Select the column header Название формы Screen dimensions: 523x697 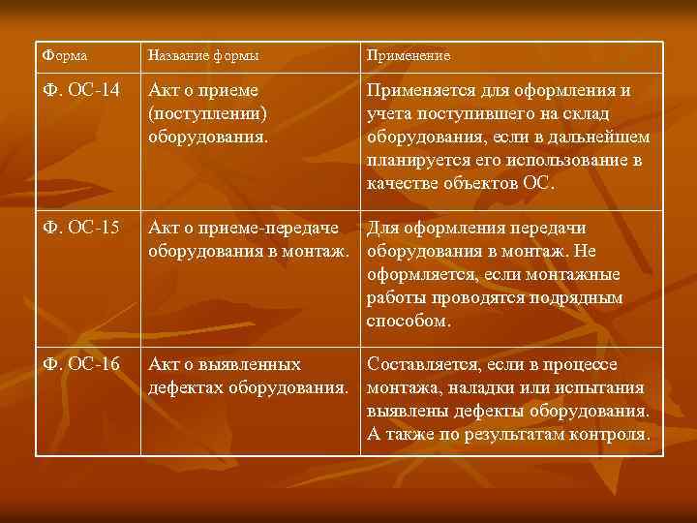(x=203, y=56)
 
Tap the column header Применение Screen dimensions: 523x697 (x=408, y=56)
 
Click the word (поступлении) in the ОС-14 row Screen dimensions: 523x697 (x=207, y=114)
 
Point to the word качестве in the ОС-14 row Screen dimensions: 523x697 (x=408, y=183)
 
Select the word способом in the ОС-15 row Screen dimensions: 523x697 (x=409, y=320)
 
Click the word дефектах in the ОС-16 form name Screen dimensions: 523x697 (x=186, y=388)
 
